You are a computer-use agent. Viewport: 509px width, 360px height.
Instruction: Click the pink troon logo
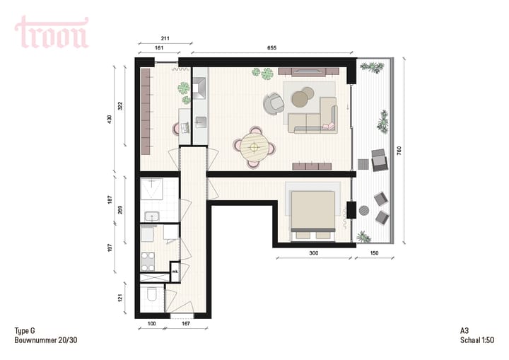coord(52,33)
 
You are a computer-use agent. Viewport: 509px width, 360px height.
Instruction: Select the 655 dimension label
coord(272,48)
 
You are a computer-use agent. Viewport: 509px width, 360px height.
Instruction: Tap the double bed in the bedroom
coord(313,209)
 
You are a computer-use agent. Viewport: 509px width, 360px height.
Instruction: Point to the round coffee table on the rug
coord(303,96)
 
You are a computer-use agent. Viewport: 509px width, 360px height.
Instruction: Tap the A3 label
coord(464,331)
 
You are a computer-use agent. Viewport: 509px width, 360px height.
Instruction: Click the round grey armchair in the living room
coord(273,103)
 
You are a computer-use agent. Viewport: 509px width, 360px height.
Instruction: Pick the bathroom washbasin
coord(151,216)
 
